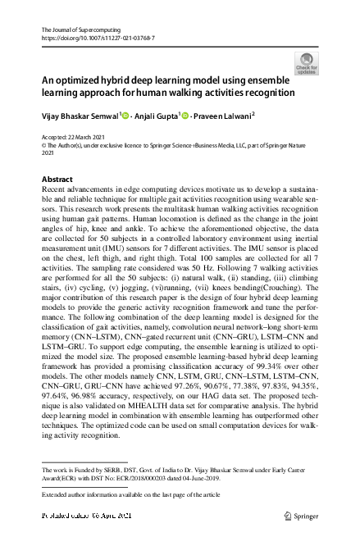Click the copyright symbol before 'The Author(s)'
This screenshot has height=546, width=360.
(x=45, y=144)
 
